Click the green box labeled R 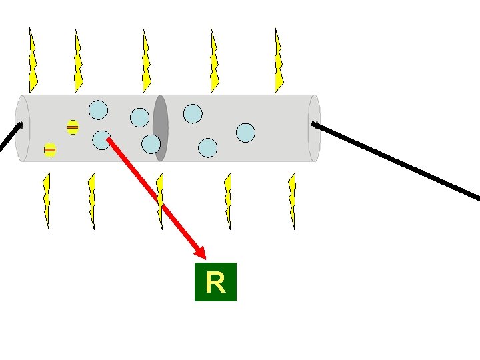click(x=215, y=283)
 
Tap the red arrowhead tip click(x=204, y=257)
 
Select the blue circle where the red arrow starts click(x=101, y=139)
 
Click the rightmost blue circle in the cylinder click(x=245, y=133)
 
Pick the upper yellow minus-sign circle click(x=73, y=127)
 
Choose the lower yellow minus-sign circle click(x=49, y=150)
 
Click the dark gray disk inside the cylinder click(x=160, y=128)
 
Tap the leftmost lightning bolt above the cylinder click(x=33, y=61)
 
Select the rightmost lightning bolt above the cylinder click(x=279, y=61)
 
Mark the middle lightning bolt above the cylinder click(x=147, y=61)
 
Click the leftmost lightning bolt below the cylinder click(x=46, y=201)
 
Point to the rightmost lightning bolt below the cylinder click(x=291, y=201)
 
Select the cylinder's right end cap click(x=314, y=128)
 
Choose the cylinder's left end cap click(x=23, y=128)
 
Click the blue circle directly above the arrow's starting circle click(x=98, y=109)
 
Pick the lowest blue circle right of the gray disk click(x=208, y=147)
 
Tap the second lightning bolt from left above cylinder click(x=78, y=61)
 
